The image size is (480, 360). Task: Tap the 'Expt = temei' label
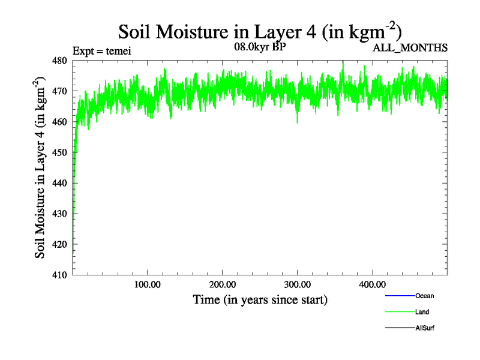101,51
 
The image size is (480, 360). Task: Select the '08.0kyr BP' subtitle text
259,47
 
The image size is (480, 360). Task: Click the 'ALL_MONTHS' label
411,49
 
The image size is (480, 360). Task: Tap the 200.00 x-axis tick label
223,284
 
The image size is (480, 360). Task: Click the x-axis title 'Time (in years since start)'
260,299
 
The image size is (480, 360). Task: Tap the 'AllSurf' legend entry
424,328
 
